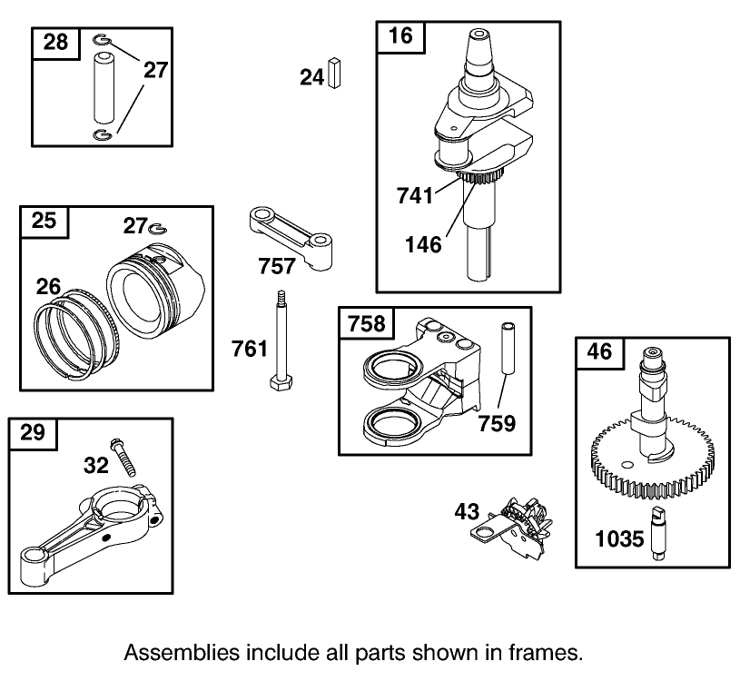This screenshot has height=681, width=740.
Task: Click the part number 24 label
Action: coord(311,78)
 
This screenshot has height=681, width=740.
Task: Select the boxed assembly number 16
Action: coord(400,36)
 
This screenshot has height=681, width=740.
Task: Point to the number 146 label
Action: coord(424,243)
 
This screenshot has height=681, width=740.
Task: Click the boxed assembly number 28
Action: coord(54,43)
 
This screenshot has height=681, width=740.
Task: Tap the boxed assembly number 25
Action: coord(44,221)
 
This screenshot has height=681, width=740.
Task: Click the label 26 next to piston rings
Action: coord(48,286)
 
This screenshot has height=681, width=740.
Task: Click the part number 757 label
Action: coord(277,265)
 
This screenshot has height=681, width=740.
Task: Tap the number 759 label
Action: coord(498,422)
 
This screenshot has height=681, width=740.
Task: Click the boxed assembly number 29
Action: coord(32,433)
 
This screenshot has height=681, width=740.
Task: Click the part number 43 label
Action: coord(467,513)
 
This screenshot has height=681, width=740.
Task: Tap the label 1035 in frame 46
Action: coord(619,539)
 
